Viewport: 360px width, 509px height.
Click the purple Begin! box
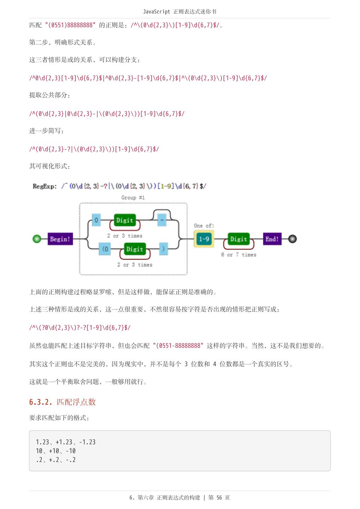pyautogui.click(x=60, y=239)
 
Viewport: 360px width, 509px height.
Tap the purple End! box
pyautogui.click(x=272, y=239)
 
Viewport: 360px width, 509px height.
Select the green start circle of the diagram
pyautogui.click(x=37, y=239)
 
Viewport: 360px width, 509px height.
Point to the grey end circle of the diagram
pyautogui.click(x=292, y=239)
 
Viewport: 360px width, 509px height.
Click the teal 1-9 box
pyautogui.click(x=204, y=239)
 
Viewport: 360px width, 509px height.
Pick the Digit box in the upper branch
pyautogui.click(x=125, y=220)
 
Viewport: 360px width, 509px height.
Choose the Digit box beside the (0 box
pyautogui.click(x=135, y=249)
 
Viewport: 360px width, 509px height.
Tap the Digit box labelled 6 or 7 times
pyautogui.click(x=238, y=239)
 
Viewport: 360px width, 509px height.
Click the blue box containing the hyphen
pyautogui.click(x=162, y=220)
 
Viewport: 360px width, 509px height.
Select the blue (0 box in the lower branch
pyautogui.click(x=105, y=249)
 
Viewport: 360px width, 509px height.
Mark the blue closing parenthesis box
pyautogui.click(x=163, y=249)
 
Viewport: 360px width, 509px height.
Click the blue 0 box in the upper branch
pyautogui.click(x=96, y=220)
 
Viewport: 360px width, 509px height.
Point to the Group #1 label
pyautogui.click(x=133, y=198)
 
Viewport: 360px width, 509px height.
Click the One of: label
pyautogui.click(x=204, y=226)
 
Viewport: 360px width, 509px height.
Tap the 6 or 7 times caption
pyautogui.click(x=238, y=255)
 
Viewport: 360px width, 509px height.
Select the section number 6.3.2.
pyautogui.click(x=41, y=402)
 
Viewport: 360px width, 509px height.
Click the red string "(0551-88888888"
pyautogui.click(x=178, y=346)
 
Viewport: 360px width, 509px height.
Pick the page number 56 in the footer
pyautogui.click(x=219, y=498)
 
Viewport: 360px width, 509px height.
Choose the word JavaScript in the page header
pyautogui.click(x=157, y=12)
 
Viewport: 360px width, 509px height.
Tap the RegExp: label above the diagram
pyautogui.click(x=45, y=186)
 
